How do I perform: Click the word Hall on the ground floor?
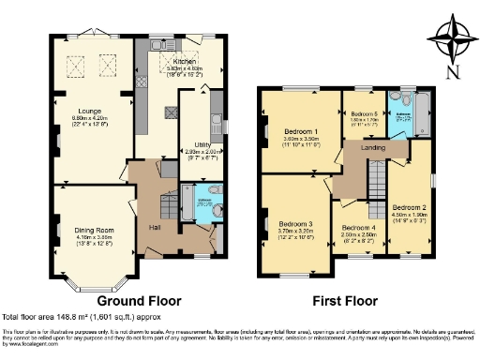154,228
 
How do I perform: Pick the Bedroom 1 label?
302,132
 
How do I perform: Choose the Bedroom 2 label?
410,207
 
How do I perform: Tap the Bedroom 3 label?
295,224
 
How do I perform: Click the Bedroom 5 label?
364,113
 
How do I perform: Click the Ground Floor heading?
139,301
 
